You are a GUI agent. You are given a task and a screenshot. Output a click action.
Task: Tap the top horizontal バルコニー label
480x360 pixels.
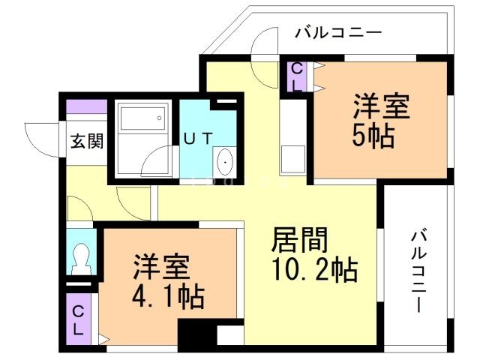[338, 32]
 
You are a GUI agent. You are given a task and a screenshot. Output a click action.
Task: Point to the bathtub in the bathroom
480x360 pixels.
[142, 119]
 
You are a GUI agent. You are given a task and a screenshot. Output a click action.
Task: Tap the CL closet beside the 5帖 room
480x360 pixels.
[296, 76]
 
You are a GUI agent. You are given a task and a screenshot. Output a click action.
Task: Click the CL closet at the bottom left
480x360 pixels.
[77, 319]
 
